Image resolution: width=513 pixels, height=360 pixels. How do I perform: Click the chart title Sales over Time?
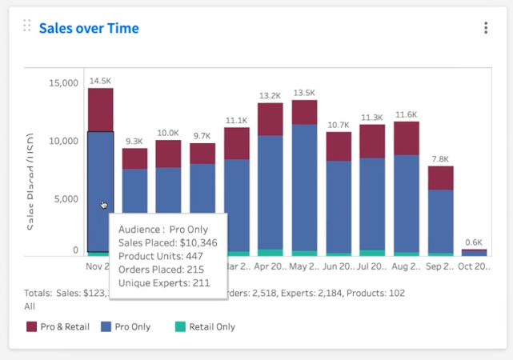tap(89, 28)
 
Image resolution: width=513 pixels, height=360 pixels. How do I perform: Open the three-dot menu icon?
tap(486, 28)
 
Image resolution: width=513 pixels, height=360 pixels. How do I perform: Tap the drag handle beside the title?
tap(27, 26)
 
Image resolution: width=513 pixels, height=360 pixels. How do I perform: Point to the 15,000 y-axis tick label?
tap(63, 83)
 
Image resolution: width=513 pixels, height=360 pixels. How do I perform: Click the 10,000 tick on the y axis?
tap(63, 142)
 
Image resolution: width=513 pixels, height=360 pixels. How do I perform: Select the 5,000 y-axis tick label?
tap(66, 199)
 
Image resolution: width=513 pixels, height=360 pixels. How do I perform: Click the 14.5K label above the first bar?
tap(100, 81)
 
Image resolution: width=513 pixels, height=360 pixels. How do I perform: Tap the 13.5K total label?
tap(304, 93)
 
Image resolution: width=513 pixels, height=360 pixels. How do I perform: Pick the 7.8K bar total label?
tap(440, 159)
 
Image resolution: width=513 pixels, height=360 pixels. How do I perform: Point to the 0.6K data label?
tap(474, 242)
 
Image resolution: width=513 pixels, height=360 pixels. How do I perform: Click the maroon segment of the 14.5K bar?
tap(100, 110)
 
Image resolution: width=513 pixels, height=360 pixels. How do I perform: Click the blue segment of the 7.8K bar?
tap(440, 221)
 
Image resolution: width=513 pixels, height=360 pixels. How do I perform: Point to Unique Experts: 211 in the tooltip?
tap(163, 282)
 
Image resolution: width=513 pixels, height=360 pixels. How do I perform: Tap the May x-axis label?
tap(304, 264)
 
